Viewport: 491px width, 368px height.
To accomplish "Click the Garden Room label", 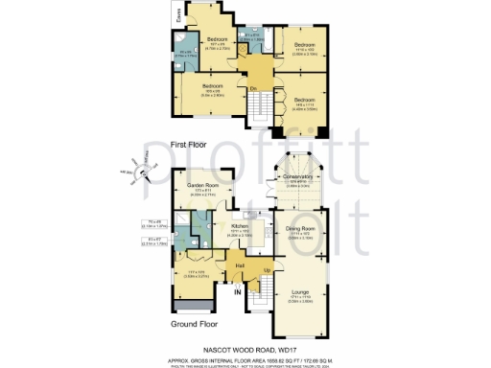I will (x=202, y=184).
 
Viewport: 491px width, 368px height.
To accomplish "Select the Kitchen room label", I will (x=240, y=226).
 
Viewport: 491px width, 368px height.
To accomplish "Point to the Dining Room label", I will (x=299, y=228).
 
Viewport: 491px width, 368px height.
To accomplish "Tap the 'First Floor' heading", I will (x=190, y=145).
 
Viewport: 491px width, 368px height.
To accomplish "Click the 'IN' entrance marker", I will (x=237, y=294).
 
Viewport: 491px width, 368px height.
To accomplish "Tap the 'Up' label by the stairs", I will (x=266, y=270).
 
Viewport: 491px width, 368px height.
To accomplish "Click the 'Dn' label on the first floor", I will (x=254, y=89).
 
